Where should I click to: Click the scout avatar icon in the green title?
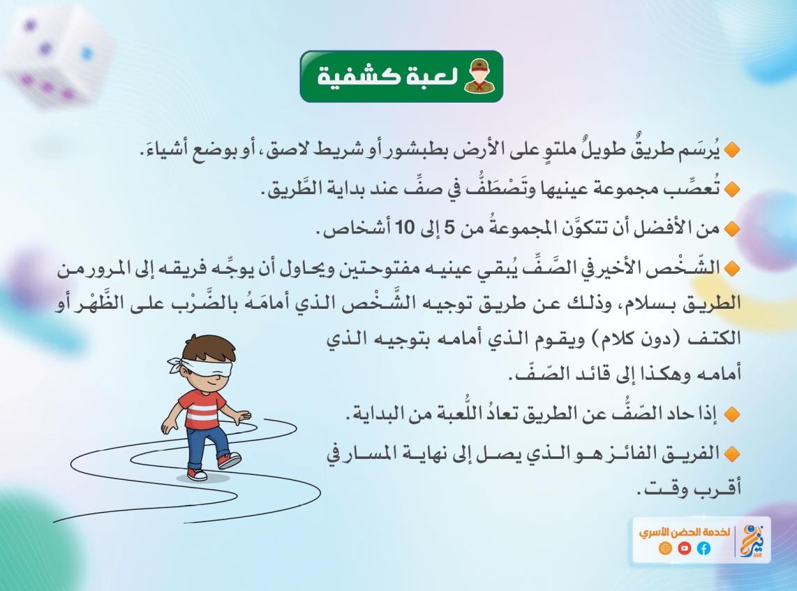(480, 76)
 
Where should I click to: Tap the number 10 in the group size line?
(405, 227)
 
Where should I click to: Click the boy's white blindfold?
(203, 367)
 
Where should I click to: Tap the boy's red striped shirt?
(201, 407)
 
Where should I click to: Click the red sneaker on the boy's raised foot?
(229, 460)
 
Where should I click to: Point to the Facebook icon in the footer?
(703, 548)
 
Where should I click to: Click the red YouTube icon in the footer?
(684, 548)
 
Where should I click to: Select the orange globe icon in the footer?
(665, 548)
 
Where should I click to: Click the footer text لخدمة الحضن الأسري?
(684, 532)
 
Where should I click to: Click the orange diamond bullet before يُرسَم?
(732, 150)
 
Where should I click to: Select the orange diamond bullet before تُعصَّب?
(732, 189)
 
